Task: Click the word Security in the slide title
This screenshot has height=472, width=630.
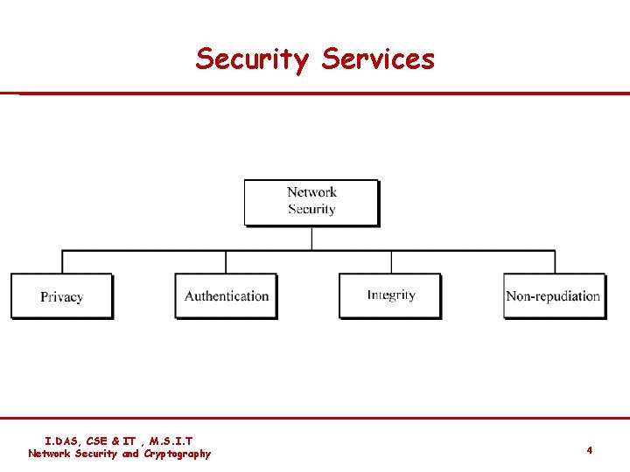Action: [x=251, y=59]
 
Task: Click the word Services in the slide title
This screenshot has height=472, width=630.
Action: [x=378, y=59]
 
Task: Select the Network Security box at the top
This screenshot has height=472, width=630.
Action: [x=311, y=202]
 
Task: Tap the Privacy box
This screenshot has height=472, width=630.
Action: [x=61, y=296]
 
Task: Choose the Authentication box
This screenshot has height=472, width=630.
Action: [x=227, y=296]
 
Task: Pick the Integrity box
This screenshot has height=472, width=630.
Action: [x=390, y=295]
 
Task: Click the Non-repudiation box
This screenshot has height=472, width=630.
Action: [x=554, y=296]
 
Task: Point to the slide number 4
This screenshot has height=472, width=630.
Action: [x=590, y=450]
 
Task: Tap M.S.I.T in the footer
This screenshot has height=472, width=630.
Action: [x=171, y=441]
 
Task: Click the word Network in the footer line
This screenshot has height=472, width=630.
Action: [x=49, y=454]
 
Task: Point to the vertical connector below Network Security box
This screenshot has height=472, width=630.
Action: [x=311, y=238]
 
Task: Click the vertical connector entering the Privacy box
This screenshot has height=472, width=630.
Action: [x=61, y=262]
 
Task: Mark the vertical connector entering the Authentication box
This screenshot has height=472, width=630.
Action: [x=226, y=262]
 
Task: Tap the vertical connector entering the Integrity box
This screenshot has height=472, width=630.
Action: [x=390, y=262]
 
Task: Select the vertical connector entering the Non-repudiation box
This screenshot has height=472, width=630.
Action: [x=555, y=262]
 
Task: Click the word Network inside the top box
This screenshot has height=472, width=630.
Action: [x=311, y=192]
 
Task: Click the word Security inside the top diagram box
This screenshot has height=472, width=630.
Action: [x=311, y=210]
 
